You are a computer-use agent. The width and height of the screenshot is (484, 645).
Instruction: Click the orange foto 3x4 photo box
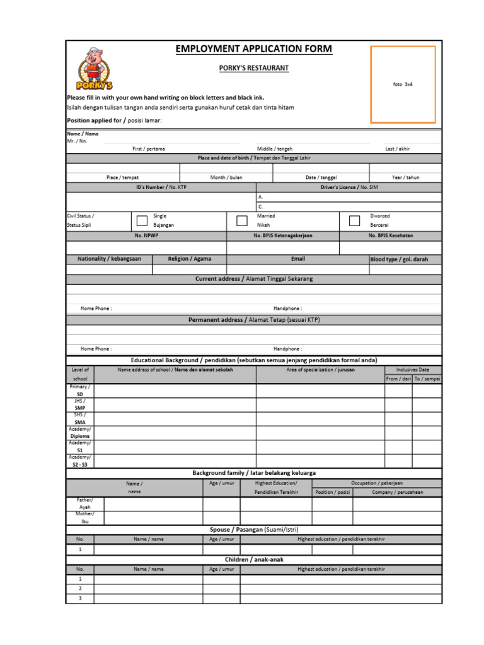403,84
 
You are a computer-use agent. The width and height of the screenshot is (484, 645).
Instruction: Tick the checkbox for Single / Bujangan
142,220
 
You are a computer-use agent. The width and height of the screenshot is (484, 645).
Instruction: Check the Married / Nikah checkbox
242,220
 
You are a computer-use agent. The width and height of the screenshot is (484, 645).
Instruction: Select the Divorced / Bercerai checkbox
354,220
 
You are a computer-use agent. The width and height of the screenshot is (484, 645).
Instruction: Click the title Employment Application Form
254,49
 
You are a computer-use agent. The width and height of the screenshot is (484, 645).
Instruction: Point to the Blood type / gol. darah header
406,259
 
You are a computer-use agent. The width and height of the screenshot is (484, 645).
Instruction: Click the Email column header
297,259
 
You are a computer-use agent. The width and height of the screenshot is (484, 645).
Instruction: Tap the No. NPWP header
146,236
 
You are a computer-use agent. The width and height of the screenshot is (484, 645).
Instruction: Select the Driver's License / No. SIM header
349,187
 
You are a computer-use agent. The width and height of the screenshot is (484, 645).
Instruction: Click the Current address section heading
254,278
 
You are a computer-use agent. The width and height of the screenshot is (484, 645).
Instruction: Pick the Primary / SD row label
80,391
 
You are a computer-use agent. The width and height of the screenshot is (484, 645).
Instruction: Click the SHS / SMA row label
80,419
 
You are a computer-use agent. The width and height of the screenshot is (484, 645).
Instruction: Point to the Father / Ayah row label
85,503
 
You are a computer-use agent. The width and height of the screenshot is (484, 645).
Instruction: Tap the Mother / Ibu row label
85,518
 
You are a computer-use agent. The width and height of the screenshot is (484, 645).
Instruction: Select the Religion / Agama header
189,259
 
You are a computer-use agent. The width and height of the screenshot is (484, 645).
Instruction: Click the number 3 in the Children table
80,598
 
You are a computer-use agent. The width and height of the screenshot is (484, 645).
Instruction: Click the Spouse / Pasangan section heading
254,530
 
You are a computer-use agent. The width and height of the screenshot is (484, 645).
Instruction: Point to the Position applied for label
114,120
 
